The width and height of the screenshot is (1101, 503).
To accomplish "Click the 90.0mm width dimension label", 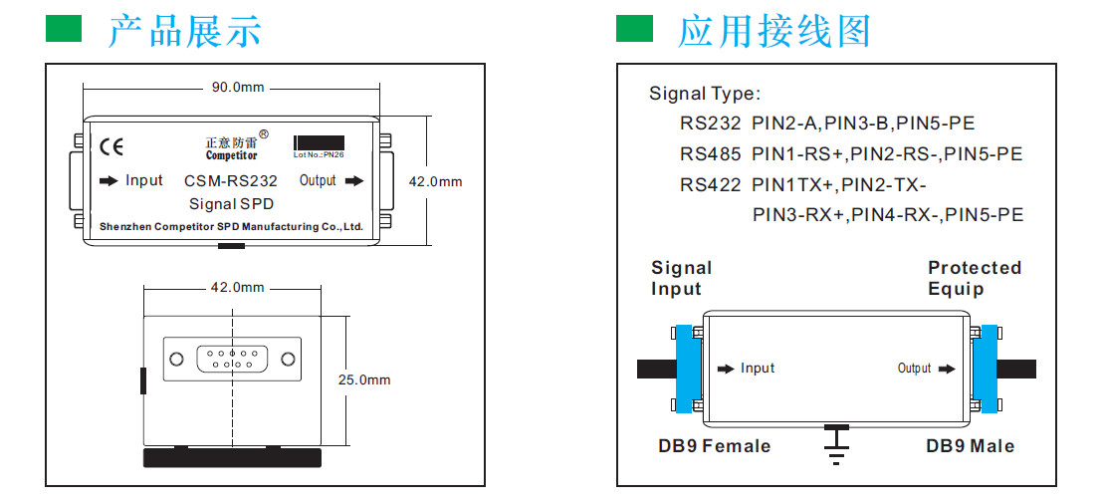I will [x=237, y=88].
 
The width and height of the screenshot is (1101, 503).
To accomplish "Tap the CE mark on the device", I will [x=112, y=146].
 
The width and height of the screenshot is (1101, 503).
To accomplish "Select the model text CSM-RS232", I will [x=231, y=181].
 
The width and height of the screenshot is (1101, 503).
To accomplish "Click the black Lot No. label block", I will [x=320, y=142].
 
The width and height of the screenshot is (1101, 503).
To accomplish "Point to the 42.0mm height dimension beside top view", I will [x=436, y=182].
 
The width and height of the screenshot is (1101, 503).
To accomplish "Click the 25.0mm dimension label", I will [x=364, y=379].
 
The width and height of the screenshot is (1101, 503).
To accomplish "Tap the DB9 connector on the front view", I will [x=232, y=359].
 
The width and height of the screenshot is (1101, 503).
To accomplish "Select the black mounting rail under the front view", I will [x=233, y=457].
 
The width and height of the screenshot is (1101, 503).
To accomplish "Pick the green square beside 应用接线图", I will [x=634, y=29].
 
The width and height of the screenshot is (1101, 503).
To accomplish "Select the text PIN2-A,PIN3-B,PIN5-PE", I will [x=862, y=125].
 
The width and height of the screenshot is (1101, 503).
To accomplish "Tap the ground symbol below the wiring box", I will [x=836, y=446].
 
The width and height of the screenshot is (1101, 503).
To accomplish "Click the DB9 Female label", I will [x=714, y=446].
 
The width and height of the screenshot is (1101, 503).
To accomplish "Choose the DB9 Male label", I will [x=970, y=446].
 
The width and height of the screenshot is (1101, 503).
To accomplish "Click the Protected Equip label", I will [x=974, y=278].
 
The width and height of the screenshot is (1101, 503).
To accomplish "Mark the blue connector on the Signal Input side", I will [x=688, y=368].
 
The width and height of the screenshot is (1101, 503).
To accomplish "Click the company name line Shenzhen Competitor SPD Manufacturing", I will [x=231, y=227].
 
